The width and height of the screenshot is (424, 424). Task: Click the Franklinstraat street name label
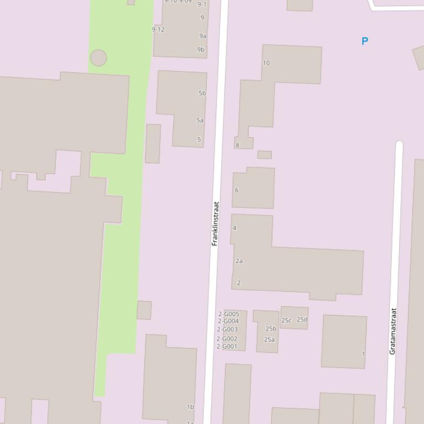pyautogui.click(x=216, y=224)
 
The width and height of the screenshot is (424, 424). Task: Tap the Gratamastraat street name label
pyautogui.click(x=393, y=331)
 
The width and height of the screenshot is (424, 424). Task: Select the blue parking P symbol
pyautogui.click(x=364, y=41)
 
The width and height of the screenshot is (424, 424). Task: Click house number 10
pyautogui.click(x=266, y=63)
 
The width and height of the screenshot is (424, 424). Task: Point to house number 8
pyautogui.click(x=238, y=145)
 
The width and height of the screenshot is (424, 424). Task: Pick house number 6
pyautogui.click(x=237, y=191)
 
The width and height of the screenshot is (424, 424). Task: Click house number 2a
pyautogui.click(x=239, y=261)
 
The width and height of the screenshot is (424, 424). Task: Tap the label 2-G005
pyautogui.click(x=229, y=314)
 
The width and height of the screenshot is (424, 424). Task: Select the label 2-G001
pyautogui.click(x=227, y=346)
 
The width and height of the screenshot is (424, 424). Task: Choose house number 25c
pyautogui.click(x=287, y=320)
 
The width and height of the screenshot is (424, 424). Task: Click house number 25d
pyautogui.click(x=302, y=319)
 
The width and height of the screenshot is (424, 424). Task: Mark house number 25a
pyautogui.click(x=269, y=340)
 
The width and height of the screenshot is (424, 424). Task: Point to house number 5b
pyautogui.click(x=202, y=93)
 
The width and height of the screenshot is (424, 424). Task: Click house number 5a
pyautogui.click(x=200, y=120)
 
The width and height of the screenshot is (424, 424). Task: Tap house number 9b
pyautogui.click(x=201, y=50)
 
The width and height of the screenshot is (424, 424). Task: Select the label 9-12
pyautogui.click(x=158, y=30)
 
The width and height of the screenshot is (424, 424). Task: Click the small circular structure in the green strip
pyautogui.click(x=98, y=58)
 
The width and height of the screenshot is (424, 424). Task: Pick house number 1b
pyautogui.click(x=190, y=407)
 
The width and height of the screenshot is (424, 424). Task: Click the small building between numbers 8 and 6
pyautogui.click(x=265, y=155)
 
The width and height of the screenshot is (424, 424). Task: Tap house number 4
pyautogui.click(x=234, y=228)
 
